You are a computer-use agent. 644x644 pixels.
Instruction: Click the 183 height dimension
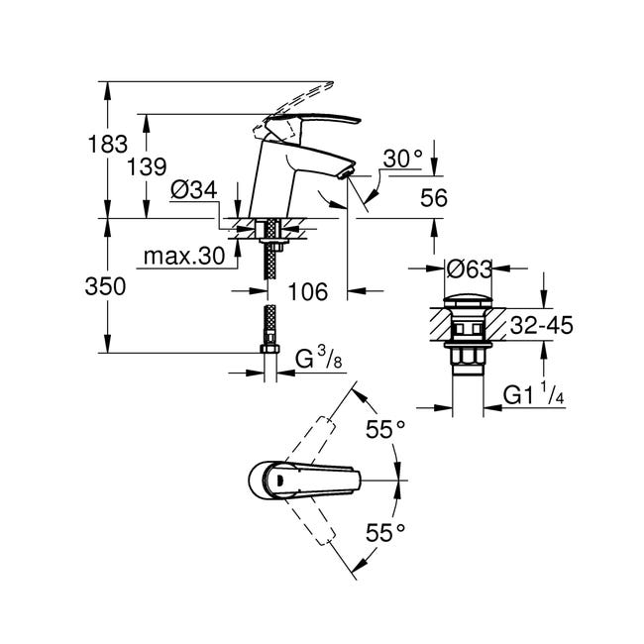[x=108, y=145]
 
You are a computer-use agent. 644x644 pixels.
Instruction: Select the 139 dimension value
[x=147, y=166]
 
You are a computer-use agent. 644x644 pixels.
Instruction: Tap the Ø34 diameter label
[x=194, y=190]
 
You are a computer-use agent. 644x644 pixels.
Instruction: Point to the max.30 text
[x=184, y=257]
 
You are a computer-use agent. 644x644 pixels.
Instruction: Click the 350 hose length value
[x=105, y=286]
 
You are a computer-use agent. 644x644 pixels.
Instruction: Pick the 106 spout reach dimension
[x=308, y=291]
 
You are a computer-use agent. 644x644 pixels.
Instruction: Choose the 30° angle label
[x=402, y=159]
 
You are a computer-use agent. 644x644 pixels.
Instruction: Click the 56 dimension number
[x=434, y=198]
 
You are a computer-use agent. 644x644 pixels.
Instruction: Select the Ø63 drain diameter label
[x=469, y=269]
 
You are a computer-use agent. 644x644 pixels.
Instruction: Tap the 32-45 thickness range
[x=541, y=326]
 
